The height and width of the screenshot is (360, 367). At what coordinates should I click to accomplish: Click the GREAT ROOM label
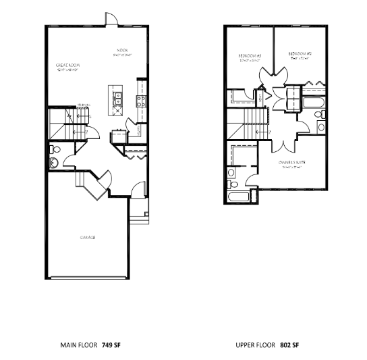tap(67, 66)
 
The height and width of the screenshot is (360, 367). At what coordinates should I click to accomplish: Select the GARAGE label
tap(87, 238)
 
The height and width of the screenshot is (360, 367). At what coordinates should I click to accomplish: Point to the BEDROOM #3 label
tap(249, 55)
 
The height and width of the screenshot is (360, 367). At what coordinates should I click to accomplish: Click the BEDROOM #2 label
tap(299, 53)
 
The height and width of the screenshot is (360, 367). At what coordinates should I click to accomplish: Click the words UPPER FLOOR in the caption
tap(256, 344)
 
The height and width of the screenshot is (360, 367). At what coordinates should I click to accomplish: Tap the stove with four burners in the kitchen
tap(142, 102)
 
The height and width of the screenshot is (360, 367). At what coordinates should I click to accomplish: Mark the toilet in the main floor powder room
tap(55, 149)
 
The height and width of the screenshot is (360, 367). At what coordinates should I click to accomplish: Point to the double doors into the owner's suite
tap(284, 143)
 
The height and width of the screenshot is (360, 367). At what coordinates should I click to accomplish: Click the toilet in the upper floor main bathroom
tap(321, 126)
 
